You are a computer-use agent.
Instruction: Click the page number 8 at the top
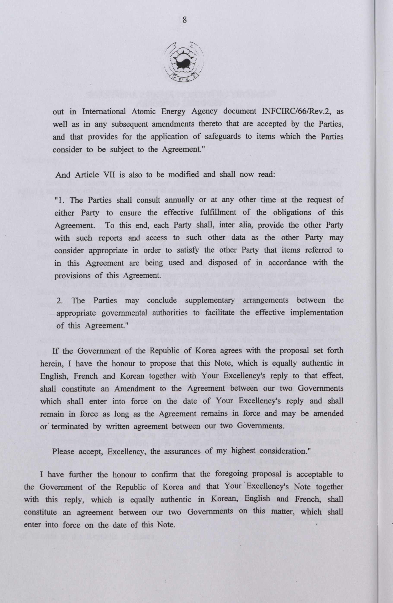click(184, 20)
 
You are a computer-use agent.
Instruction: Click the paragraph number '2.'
click(60, 300)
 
